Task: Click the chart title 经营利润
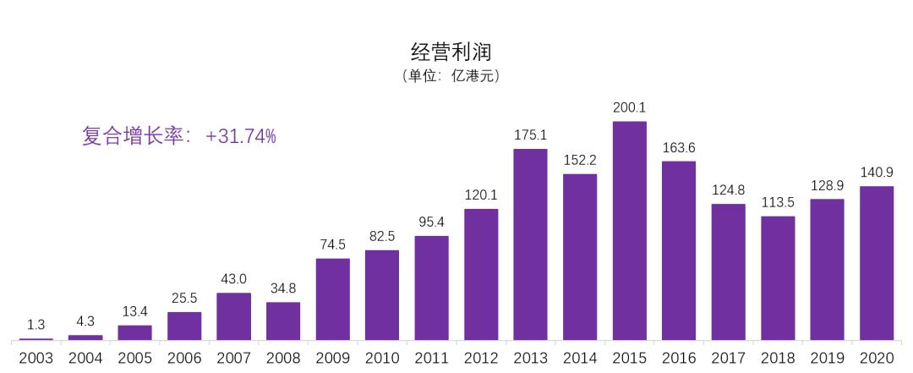click(x=451, y=52)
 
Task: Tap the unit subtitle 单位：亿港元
click(x=451, y=76)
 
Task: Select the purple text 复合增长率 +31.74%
click(x=179, y=136)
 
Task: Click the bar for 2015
click(x=629, y=231)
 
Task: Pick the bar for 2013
click(x=530, y=244)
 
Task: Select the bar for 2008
click(x=283, y=321)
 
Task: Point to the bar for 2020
click(x=877, y=263)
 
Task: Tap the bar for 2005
click(x=134, y=332)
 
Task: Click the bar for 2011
click(x=431, y=288)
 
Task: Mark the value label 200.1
click(x=629, y=107)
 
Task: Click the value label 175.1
click(x=530, y=134)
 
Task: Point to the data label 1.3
click(x=36, y=325)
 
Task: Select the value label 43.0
click(x=233, y=278)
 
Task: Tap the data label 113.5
click(x=778, y=202)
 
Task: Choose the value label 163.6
click(x=679, y=146)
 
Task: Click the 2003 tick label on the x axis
click(x=36, y=359)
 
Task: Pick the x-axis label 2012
click(x=481, y=359)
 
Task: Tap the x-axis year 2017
click(x=728, y=359)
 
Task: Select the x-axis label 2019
click(x=827, y=359)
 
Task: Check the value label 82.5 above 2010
click(x=382, y=236)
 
